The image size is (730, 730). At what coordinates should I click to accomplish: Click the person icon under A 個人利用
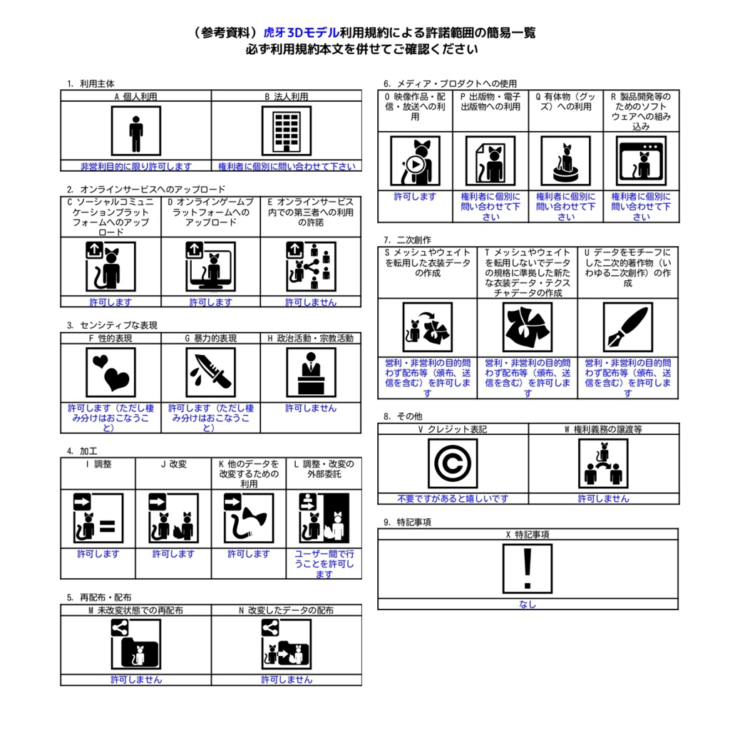135,130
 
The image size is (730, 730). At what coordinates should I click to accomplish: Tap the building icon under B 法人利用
286,130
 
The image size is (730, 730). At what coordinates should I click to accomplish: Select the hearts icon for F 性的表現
110,372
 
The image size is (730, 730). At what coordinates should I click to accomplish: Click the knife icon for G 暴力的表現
210,372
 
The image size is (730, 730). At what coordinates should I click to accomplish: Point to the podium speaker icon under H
310,372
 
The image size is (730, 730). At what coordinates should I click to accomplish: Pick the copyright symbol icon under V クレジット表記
453,463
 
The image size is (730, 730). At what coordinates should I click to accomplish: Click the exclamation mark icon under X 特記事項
528,568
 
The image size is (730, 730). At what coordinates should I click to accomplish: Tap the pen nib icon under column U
627,328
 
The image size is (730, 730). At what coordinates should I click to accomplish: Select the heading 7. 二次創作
408,240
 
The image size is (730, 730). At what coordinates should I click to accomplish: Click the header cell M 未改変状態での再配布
135,610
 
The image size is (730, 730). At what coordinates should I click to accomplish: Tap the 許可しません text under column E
311,302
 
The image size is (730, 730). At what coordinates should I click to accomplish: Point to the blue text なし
528,605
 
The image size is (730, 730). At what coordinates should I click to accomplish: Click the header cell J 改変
173,463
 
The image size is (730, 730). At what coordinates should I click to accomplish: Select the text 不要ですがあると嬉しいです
453,499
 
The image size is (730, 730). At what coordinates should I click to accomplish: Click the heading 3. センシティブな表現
113,325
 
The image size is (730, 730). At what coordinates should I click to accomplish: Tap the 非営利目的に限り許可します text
135,166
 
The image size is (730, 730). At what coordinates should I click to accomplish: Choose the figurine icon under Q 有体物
565,161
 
